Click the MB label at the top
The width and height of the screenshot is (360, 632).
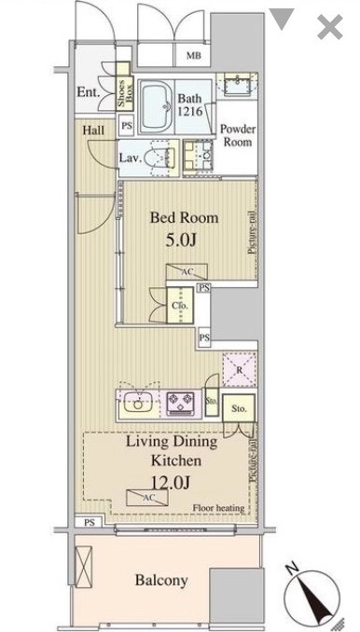pos(193,56)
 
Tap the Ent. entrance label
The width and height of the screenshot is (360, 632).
pos(88,92)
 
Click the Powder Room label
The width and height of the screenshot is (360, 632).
pos(238,137)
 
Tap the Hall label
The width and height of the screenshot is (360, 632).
pos(92,131)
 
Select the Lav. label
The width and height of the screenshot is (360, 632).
pos(130,158)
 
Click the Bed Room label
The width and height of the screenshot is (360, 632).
pos(186,218)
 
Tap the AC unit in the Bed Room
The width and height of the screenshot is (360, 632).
pos(187,271)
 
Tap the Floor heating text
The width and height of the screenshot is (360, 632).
pos(219,508)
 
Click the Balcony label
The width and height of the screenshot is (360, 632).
pos(161,580)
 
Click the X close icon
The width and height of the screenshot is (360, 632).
pos(329,27)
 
